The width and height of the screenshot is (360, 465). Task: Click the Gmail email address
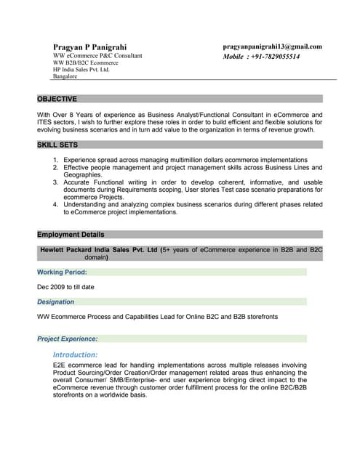pos(272,46)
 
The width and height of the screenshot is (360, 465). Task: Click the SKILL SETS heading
pos(57,145)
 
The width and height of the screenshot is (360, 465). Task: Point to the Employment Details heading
pos(71,235)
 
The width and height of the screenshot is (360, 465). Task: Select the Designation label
pos(55,302)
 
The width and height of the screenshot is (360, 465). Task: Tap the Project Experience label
pos(67,339)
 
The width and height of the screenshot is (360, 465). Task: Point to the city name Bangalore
pos(65,76)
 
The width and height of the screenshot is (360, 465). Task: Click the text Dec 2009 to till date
pos(66,287)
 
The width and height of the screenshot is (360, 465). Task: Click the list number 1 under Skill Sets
pos(56,160)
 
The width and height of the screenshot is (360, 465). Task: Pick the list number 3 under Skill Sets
pos(56,182)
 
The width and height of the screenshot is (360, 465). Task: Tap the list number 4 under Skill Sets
pos(56,205)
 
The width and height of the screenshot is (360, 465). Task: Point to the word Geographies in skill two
pos(82,174)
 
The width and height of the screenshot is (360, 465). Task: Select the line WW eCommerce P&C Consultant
pos(97,55)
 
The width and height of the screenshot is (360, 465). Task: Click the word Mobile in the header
pos(233,56)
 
